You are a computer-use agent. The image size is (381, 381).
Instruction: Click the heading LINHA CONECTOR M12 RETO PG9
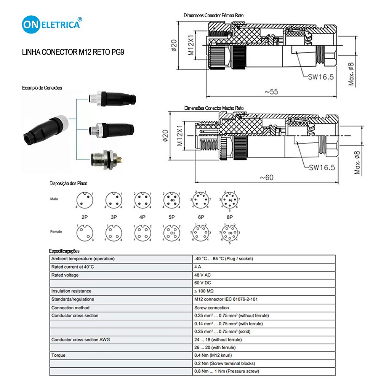click(73, 53)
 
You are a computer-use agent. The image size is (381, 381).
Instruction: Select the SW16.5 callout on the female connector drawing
click(321, 77)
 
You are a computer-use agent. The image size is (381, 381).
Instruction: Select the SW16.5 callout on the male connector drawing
click(322, 167)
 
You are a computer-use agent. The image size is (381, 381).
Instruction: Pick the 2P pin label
click(85, 217)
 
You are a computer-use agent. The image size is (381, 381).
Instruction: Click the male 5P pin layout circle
click(171, 200)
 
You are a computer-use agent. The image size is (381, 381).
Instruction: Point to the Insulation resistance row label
click(71, 291)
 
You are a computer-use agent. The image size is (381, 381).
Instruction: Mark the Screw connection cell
click(211, 307)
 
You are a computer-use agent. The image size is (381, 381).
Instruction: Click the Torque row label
click(58, 355)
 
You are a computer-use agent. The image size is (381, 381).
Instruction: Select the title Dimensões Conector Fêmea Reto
click(213, 16)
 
